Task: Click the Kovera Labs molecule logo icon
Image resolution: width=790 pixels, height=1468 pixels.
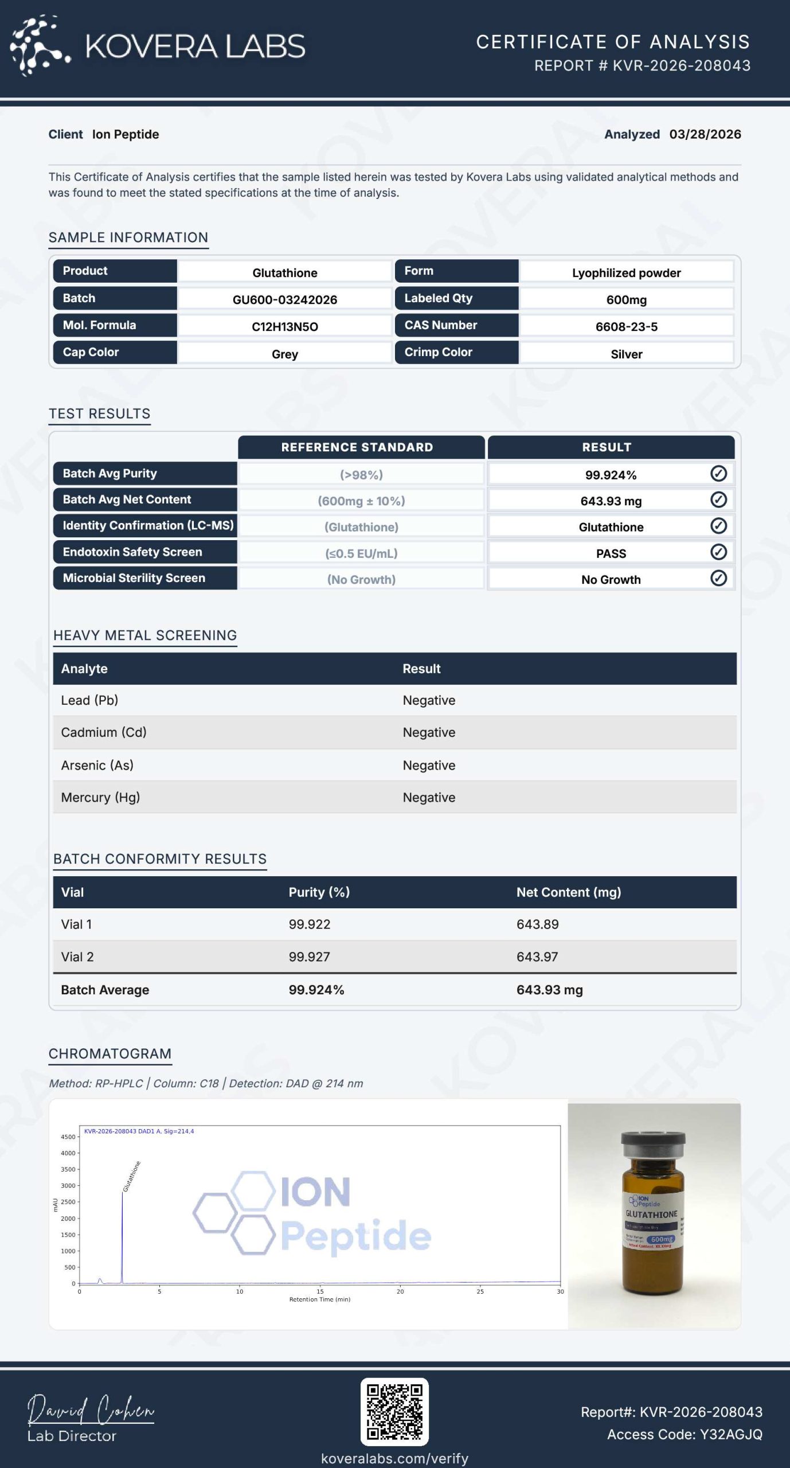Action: tap(39, 46)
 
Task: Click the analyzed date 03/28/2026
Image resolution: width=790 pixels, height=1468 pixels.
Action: tap(705, 134)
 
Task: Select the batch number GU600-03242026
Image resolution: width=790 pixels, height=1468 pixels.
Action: tap(284, 299)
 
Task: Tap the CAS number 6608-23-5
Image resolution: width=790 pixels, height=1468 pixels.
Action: tap(626, 326)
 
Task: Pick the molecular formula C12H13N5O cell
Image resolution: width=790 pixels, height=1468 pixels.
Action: tap(284, 326)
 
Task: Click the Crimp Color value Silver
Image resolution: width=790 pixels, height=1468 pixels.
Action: tap(626, 354)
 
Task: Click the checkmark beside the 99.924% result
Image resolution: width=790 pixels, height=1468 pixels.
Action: tap(718, 474)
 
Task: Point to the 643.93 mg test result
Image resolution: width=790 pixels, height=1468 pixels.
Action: tap(611, 501)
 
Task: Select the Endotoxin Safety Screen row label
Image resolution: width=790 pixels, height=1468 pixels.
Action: tap(132, 552)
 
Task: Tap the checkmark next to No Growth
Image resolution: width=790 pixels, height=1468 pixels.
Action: tap(718, 578)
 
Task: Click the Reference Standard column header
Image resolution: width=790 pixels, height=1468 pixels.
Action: tap(357, 447)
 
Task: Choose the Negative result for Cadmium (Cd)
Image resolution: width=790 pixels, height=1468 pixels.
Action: tap(429, 732)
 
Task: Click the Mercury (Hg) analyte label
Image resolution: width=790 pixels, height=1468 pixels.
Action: tap(100, 797)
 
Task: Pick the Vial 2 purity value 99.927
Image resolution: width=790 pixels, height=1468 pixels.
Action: tap(309, 956)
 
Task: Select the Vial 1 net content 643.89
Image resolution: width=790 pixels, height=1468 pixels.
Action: tap(537, 924)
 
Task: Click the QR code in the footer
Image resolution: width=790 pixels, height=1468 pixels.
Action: tap(394, 1412)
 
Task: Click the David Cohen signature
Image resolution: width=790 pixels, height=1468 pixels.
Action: tap(91, 1410)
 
